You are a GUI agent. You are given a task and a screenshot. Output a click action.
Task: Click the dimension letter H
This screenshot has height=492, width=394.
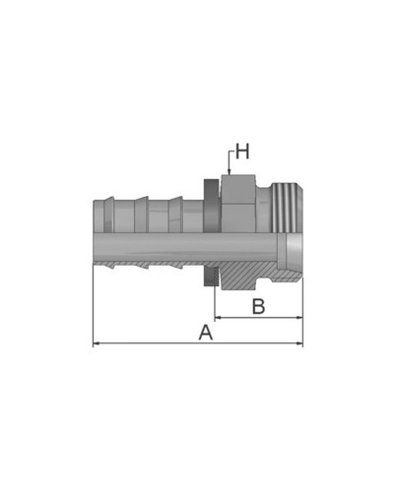tap(242, 152)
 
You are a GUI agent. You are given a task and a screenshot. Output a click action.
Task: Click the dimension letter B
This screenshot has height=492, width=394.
tap(258, 306)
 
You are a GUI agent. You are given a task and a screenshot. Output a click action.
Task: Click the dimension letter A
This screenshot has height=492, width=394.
tap(206, 333)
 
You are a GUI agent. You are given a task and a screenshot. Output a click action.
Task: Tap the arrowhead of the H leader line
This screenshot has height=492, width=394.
tap(230, 171)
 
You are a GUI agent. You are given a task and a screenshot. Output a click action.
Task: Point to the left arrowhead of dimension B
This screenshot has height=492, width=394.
tap(218, 318)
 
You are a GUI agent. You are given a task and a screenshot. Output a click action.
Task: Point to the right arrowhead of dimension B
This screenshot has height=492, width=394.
tap(299, 318)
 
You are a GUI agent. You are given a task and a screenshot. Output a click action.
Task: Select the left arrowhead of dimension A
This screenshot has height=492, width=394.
tap(97, 343)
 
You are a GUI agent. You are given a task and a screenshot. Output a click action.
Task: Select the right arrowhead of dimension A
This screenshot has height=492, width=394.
tap(299, 343)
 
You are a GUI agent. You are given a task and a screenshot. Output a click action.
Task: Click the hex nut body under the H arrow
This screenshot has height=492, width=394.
tap(238, 204)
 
